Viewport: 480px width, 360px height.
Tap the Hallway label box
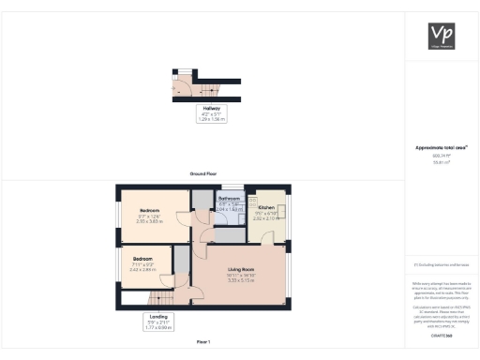[211, 114]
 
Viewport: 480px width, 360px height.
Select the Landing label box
[158, 322]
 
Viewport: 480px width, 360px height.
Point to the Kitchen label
[265, 206]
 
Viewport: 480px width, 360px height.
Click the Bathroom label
[230, 200]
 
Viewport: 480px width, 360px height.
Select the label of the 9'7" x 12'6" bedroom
[150, 210]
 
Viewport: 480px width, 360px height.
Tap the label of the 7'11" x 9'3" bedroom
[142, 258]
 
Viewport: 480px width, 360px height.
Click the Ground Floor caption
[202, 174]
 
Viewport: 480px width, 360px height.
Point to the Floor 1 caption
[202, 342]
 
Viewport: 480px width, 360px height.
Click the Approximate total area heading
[441, 148]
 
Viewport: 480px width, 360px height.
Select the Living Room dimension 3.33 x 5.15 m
[241, 281]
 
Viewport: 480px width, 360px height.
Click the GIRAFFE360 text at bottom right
[441, 335]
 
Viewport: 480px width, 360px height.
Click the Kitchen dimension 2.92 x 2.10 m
[265, 218]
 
